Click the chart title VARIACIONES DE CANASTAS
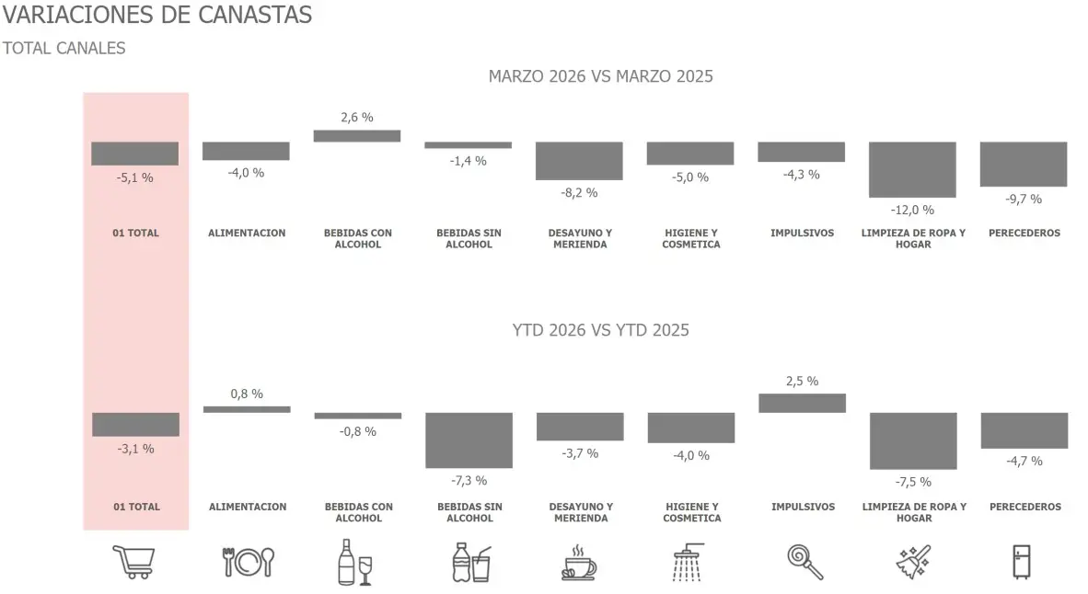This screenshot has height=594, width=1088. tap(157, 16)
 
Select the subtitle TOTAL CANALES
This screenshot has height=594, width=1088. tap(64, 48)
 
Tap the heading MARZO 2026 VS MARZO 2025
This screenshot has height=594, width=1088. tap(600, 76)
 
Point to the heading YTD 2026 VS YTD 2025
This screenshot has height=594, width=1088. tap(600, 330)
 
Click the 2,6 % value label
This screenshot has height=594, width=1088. tap(357, 118)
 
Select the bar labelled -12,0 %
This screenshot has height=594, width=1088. tap(912, 169)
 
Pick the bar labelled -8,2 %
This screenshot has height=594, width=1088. tap(579, 161)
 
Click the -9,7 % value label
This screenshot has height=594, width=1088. tap(1024, 199)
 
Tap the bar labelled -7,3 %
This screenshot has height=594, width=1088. tap(469, 440)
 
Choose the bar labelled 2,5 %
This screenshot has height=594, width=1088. tap(801, 403)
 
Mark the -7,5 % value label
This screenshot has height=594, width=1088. tap(913, 482)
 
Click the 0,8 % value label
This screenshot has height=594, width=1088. tap(247, 394)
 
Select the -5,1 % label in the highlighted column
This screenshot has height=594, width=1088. tap(135, 177)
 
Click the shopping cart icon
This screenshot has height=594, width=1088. tap(133, 562)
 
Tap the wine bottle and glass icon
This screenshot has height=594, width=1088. tap(354, 562)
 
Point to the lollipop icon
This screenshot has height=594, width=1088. tap(804, 562)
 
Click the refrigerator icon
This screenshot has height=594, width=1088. tap(1022, 562)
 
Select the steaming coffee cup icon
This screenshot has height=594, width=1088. tap(578, 562)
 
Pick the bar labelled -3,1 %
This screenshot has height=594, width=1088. tap(135, 425)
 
